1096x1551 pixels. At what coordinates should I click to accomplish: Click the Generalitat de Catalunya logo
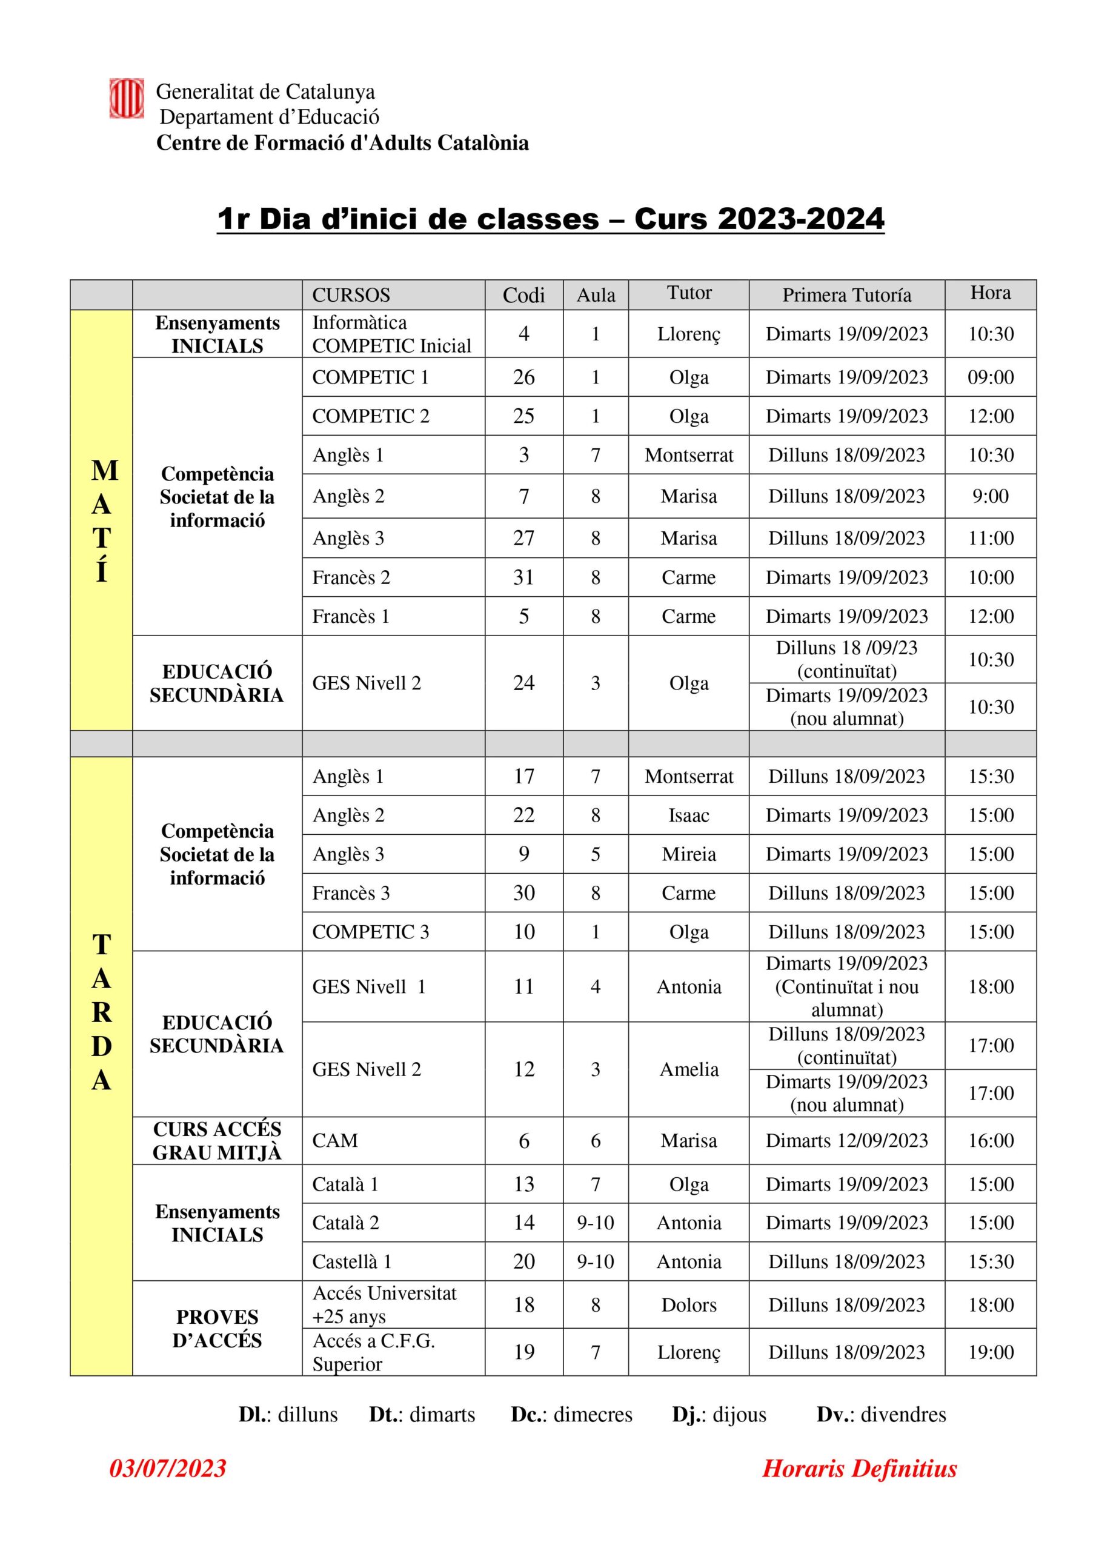[127, 99]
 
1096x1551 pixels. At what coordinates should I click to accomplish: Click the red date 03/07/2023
[168, 1468]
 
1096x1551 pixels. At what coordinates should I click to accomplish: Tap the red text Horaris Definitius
[859, 1468]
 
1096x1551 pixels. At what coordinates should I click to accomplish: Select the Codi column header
[523, 295]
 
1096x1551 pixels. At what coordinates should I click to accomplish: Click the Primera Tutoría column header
[846, 295]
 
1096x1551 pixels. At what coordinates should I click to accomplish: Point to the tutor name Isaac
[688, 815]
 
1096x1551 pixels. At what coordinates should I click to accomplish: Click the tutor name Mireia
[688, 854]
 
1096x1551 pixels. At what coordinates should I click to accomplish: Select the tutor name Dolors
[688, 1304]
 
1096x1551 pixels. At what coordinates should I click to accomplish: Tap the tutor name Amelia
[688, 1069]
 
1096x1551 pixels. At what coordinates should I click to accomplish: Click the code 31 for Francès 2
[523, 577]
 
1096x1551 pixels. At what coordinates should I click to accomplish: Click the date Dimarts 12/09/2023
[846, 1141]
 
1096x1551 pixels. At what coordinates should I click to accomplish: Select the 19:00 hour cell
[990, 1352]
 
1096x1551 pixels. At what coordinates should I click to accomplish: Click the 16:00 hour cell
[990, 1141]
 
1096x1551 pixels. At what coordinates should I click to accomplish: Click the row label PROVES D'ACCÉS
[217, 1328]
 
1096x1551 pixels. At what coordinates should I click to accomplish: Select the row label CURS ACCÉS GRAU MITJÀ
[217, 1141]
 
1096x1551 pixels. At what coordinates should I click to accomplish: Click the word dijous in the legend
[739, 1414]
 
